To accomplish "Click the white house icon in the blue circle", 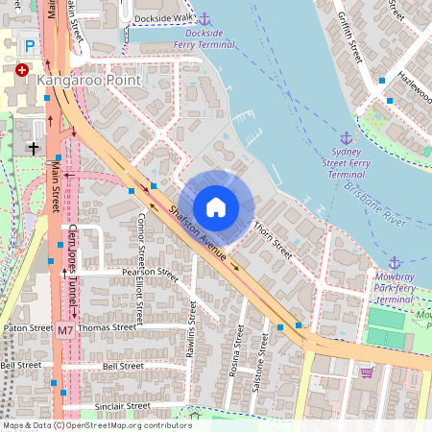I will click(216, 207).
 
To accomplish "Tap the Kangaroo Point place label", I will click(89, 82).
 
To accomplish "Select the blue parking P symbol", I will click(30, 45).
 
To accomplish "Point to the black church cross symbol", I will click(34, 148).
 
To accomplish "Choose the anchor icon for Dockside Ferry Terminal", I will click(203, 17).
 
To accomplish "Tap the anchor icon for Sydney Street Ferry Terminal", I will click(347, 138).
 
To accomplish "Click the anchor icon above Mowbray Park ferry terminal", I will click(395, 262).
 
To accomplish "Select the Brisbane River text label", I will click(384, 203).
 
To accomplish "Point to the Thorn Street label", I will click(273, 240).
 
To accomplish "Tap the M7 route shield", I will click(64, 330).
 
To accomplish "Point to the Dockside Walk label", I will click(164, 17).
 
